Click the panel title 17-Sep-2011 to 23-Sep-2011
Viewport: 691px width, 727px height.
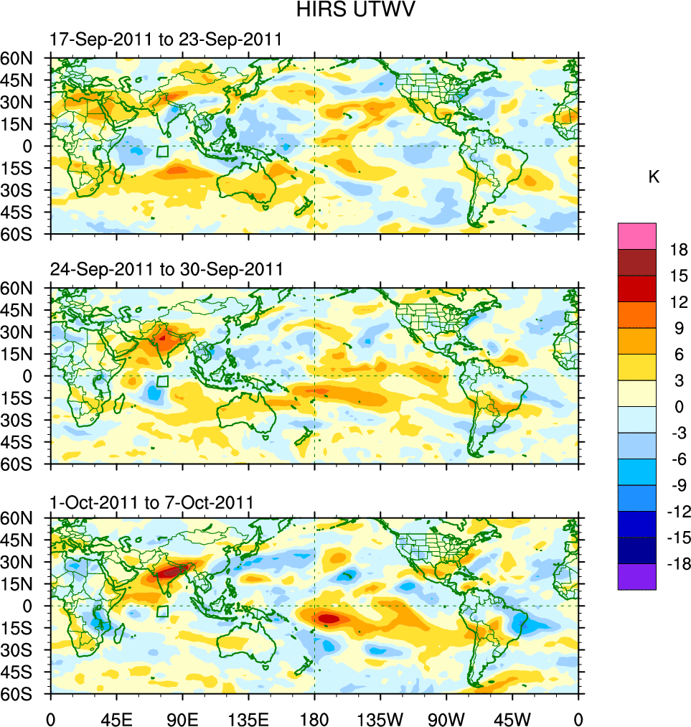click(166, 39)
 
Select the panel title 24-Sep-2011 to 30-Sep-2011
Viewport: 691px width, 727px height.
click(166, 269)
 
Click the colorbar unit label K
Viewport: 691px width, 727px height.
click(653, 177)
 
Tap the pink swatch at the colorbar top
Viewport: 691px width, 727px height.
click(636, 235)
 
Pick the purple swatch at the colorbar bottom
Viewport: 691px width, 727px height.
click(636, 576)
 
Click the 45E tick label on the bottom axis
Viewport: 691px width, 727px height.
click(116, 718)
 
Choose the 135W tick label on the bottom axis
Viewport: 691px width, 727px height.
click(380, 718)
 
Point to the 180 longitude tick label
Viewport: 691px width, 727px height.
click(314, 718)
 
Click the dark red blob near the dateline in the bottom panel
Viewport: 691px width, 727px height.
click(329, 618)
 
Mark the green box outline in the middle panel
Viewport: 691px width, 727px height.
click(162, 381)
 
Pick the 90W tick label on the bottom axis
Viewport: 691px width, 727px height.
click(446, 718)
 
